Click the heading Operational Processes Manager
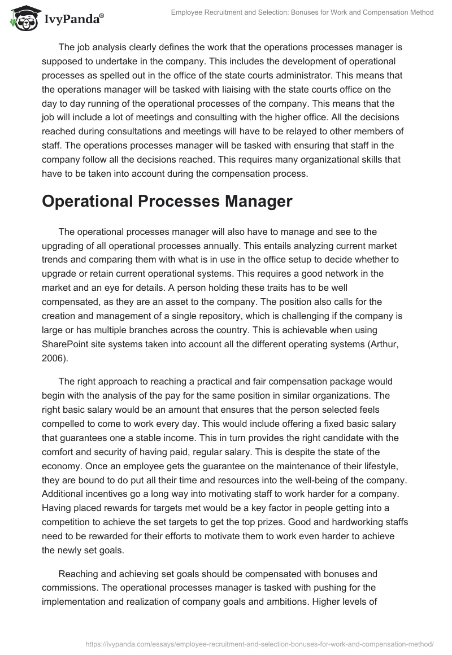coord(167,202)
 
